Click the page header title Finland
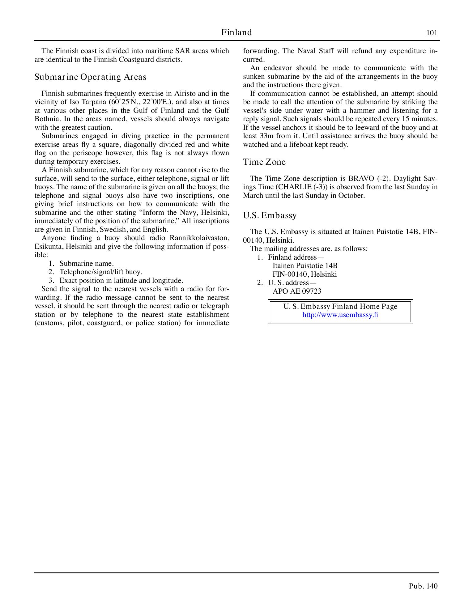click(x=236, y=32)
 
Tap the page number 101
click(x=432, y=33)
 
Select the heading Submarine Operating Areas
click(x=90, y=77)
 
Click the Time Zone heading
click(x=264, y=162)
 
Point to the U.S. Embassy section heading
click(x=270, y=215)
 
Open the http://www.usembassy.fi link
click(x=340, y=315)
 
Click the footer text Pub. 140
click(x=423, y=586)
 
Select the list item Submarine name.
click(x=87, y=264)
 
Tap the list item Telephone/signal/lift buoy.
click(x=101, y=272)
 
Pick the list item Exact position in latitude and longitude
click(x=121, y=281)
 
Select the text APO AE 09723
click(x=297, y=291)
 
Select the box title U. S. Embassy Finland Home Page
click(x=340, y=307)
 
